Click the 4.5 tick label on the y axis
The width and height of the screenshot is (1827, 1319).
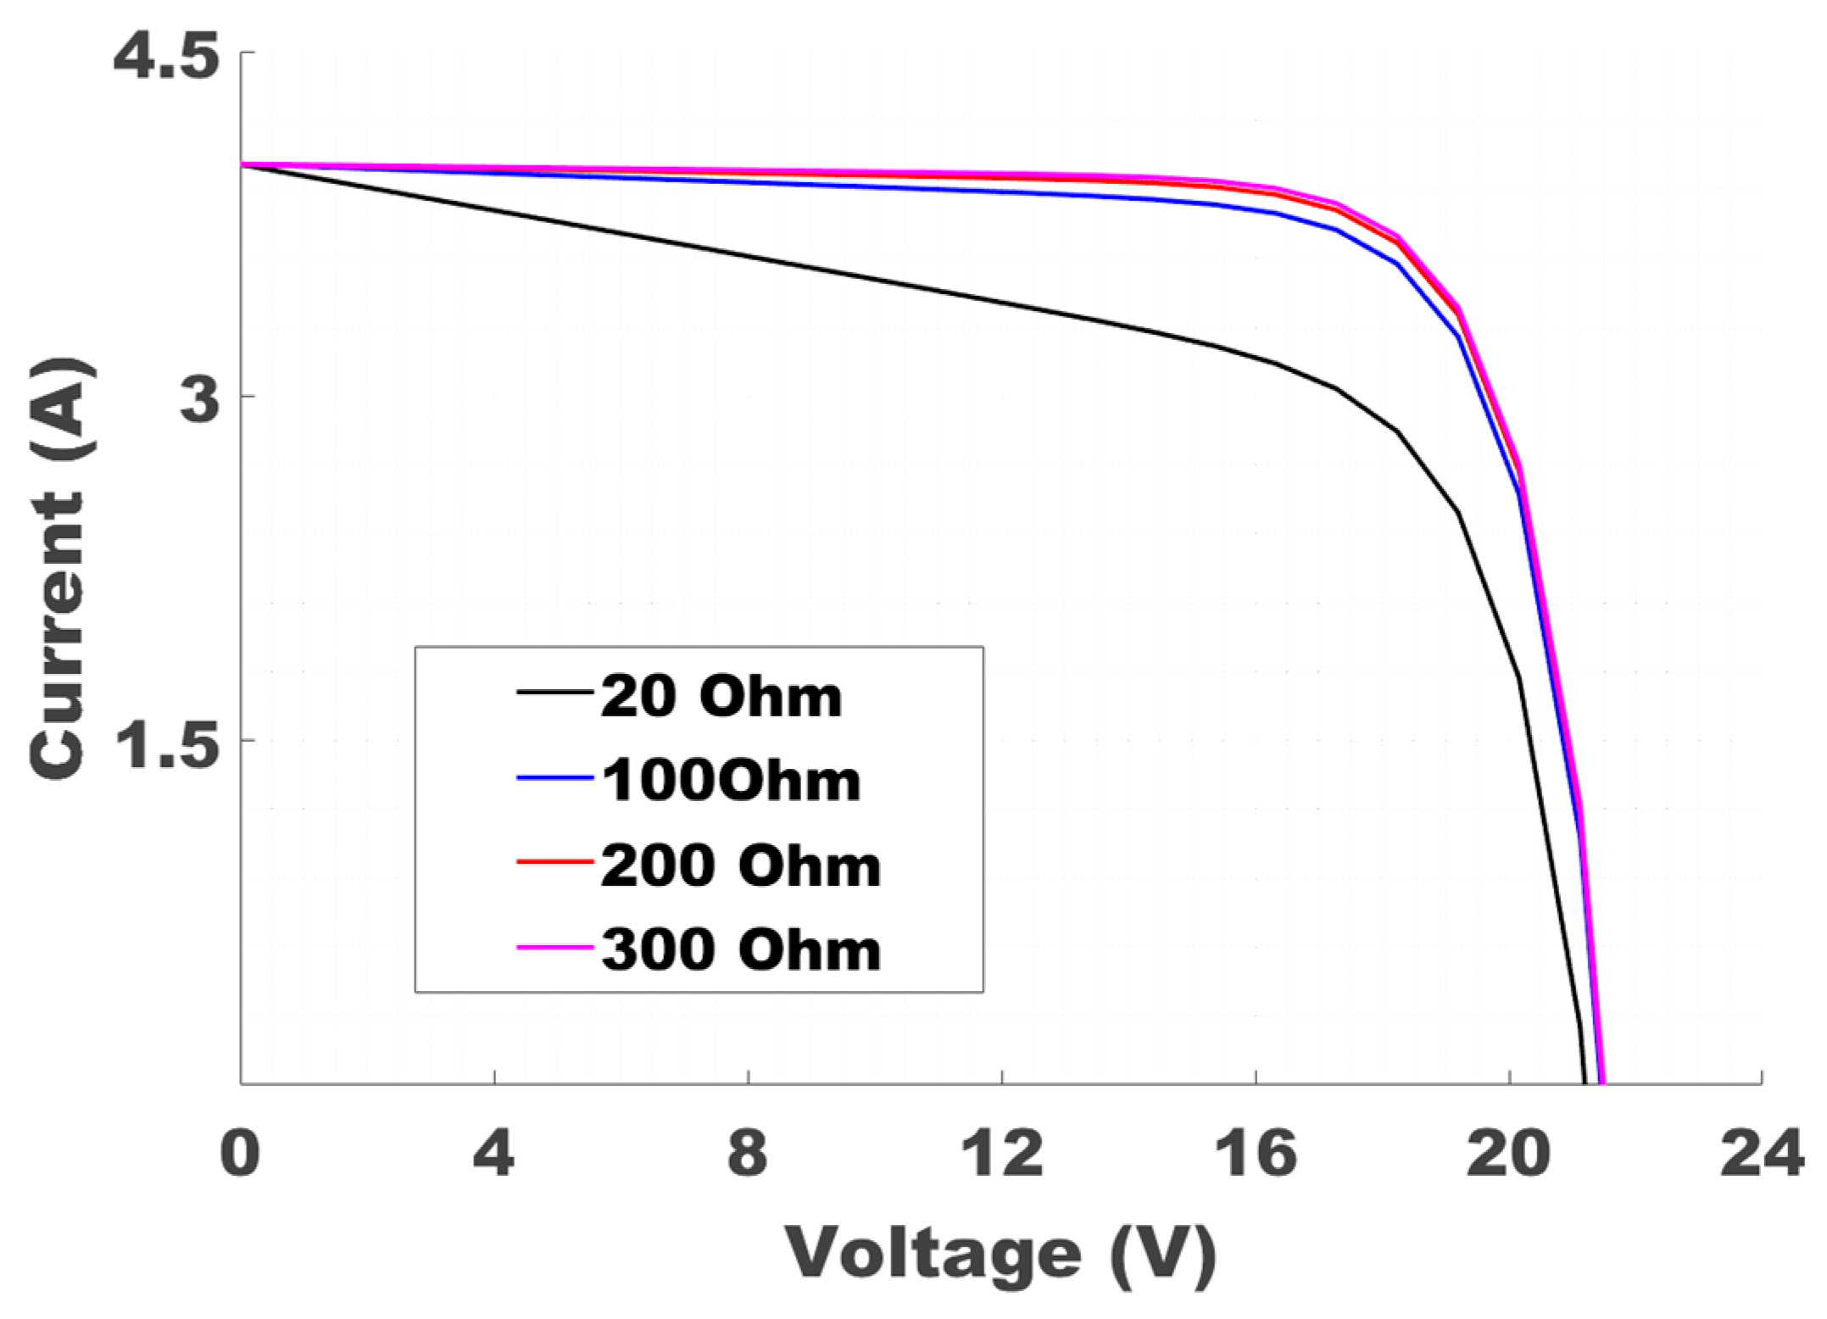[x=166, y=58]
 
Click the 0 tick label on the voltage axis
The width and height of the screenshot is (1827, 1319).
[x=240, y=1154]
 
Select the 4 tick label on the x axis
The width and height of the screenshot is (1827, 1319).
[x=493, y=1154]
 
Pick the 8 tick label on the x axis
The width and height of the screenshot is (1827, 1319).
[x=748, y=1154]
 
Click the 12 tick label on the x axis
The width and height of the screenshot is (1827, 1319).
[x=1002, y=1154]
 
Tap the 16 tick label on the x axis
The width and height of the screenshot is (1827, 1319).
[x=1256, y=1154]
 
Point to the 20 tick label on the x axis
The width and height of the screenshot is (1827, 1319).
[x=1509, y=1154]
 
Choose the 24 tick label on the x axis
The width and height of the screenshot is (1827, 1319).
[x=1762, y=1154]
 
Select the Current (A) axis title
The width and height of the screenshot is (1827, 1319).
[x=59, y=568]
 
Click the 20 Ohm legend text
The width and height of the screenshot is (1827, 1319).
[x=721, y=697]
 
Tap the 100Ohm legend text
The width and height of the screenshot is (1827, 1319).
[x=731, y=781]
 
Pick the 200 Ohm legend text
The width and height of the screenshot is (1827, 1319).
[x=740, y=865]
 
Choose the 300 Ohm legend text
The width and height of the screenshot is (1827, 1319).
[x=740, y=949]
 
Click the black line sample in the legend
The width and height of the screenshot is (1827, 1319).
[x=554, y=693]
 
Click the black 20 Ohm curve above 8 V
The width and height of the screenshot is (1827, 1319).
[x=748, y=257]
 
